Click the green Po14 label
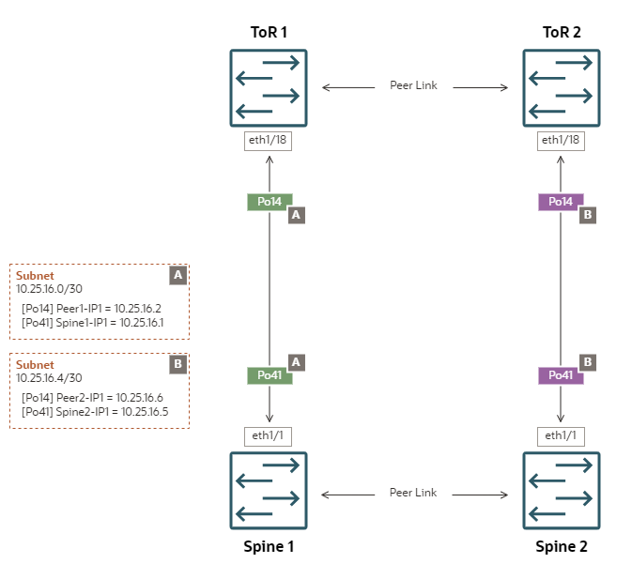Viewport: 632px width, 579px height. point(270,202)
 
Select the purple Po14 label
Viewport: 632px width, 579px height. point(561,202)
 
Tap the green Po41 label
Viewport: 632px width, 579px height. point(270,375)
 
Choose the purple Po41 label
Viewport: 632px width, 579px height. point(561,375)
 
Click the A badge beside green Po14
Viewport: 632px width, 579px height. point(296,215)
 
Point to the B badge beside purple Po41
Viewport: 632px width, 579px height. point(588,362)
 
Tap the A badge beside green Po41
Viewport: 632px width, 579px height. point(296,362)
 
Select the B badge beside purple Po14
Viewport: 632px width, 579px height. point(588,215)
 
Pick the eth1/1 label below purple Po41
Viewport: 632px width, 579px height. point(561,435)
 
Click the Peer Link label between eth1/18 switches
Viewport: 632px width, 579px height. point(413,86)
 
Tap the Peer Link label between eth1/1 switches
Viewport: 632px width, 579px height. point(413,493)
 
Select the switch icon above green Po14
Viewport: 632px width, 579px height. point(269,88)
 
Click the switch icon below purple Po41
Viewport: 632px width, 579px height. point(561,491)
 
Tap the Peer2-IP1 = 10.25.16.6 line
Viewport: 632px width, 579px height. point(92,398)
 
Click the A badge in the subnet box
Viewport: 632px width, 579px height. point(177,276)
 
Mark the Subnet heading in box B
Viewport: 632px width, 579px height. point(35,364)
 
